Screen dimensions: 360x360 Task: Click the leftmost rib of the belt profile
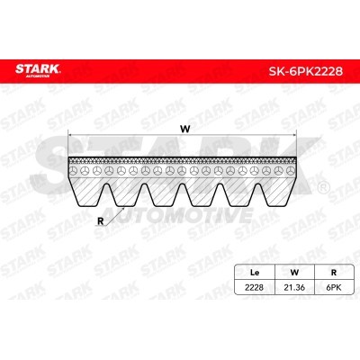87,185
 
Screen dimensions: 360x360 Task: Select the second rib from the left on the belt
125,185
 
